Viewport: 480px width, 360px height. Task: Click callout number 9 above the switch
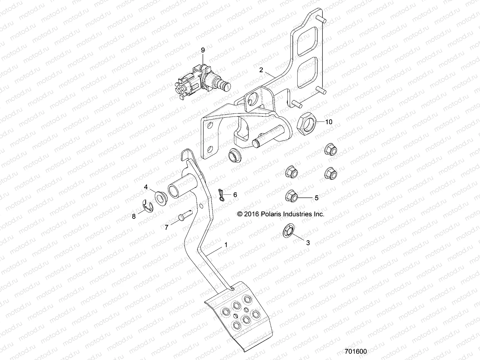(x=203, y=50)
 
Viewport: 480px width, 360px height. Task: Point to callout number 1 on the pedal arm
(x=226, y=245)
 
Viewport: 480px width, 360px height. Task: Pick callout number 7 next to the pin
(x=166, y=227)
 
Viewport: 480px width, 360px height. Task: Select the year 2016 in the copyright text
(x=251, y=214)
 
